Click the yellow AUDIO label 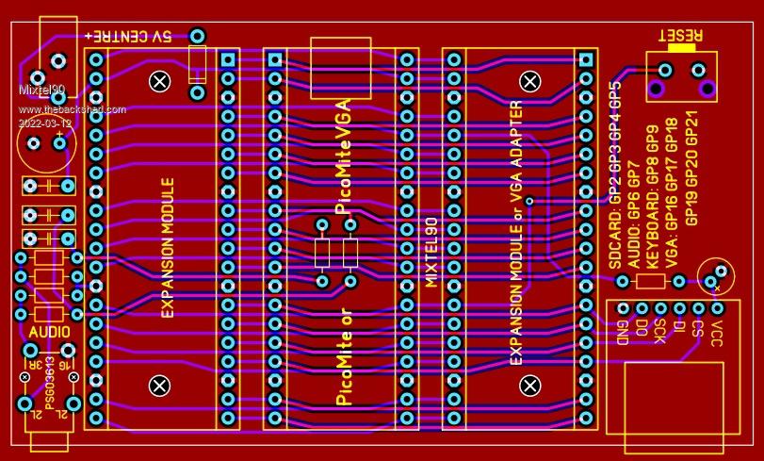coord(49,332)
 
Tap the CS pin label coord(698,330)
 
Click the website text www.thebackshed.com coord(73,109)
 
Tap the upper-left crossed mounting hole coord(160,82)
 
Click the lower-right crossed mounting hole coord(530,385)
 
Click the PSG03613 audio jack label coord(50,386)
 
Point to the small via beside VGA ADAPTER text coord(529,201)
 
